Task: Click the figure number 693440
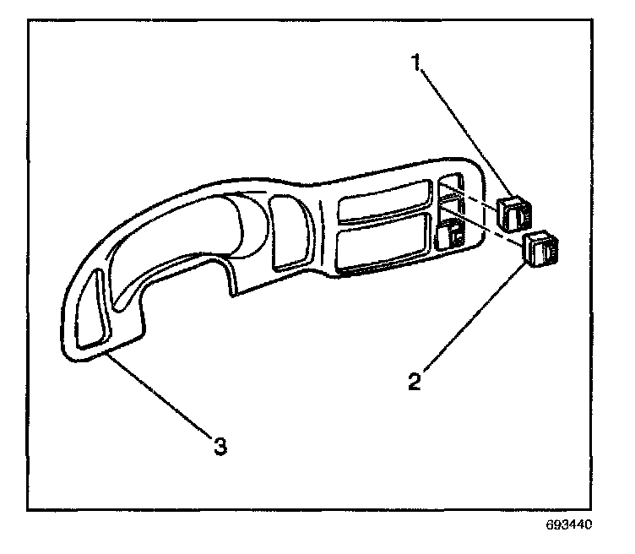point(570,524)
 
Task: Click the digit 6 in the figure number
point(550,524)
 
